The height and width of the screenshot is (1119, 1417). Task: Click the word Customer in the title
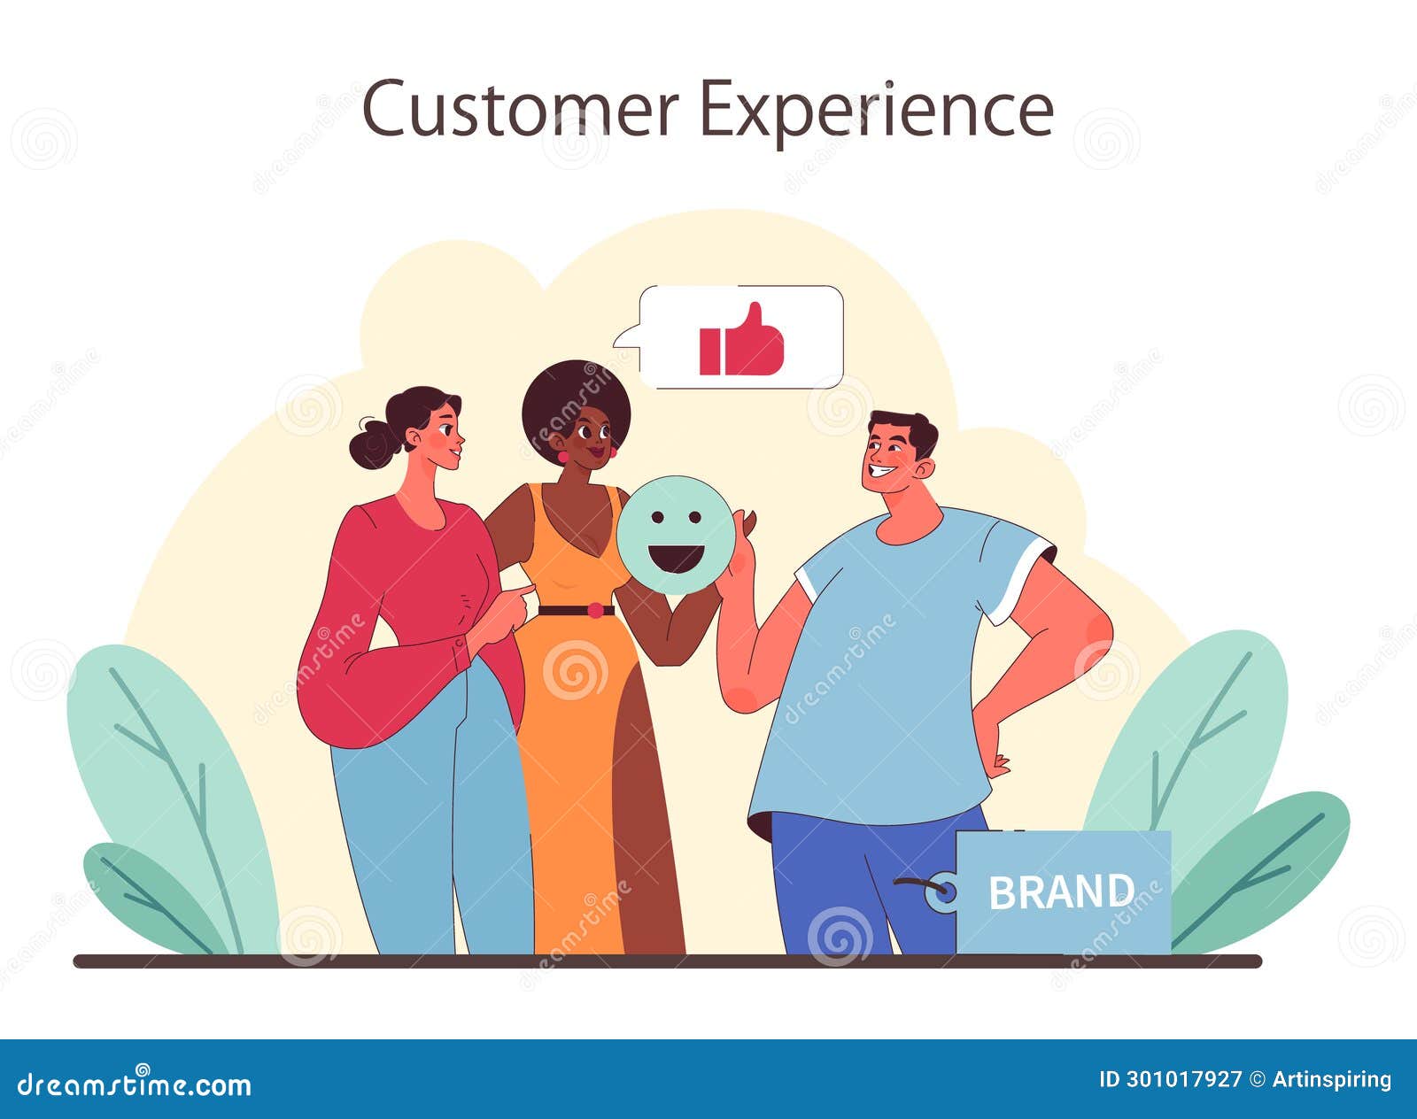tap(520, 108)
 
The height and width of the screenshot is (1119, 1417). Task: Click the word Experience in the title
tap(876, 110)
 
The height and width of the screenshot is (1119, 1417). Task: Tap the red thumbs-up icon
tap(741, 341)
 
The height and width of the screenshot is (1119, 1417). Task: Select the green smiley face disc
tap(676, 535)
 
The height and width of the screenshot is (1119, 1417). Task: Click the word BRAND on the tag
tap(1061, 892)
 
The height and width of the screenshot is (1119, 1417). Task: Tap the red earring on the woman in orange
tap(562, 457)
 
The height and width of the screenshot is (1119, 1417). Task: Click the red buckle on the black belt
tap(595, 610)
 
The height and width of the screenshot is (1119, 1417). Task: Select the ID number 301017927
tap(1183, 1080)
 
